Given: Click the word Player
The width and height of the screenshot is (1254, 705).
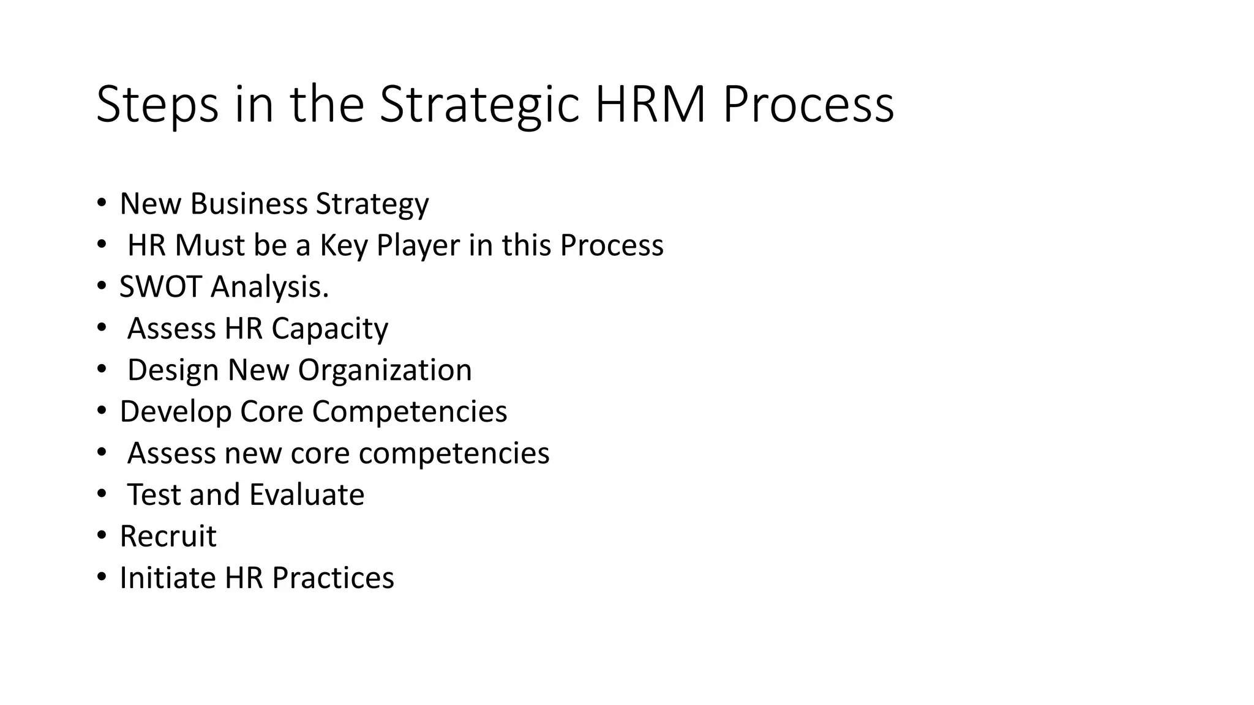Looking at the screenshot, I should tap(418, 245).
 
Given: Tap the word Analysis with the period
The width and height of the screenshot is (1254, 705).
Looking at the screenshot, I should tap(270, 287).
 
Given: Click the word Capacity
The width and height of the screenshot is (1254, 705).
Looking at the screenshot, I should tap(329, 329).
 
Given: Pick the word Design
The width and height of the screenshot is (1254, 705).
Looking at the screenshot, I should tap(173, 370).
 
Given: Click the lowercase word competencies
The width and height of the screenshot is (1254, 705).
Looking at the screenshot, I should tap(454, 453).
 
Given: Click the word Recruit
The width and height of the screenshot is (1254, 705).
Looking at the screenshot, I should tap(168, 537).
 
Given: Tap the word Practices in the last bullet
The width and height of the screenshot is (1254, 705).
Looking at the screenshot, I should tap(332, 578).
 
